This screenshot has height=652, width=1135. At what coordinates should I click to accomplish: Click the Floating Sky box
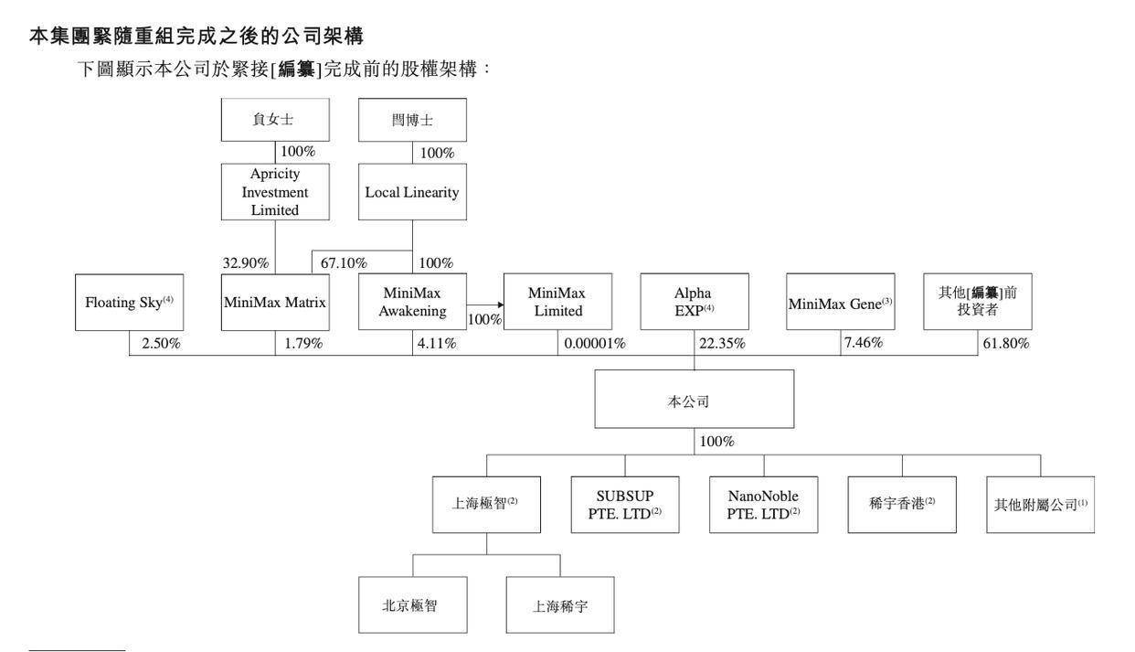[x=129, y=302]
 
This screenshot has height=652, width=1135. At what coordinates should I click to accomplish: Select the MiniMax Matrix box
[x=275, y=302]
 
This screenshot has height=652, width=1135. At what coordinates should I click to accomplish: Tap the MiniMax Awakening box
[x=412, y=302]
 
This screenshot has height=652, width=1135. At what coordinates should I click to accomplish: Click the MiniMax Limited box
[x=557, y=302]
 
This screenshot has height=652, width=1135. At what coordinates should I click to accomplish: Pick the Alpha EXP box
[x=694, y=302]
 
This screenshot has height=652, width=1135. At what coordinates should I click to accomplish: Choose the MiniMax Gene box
[x=840, y=302]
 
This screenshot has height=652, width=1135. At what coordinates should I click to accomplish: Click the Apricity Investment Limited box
[x=275, y=192]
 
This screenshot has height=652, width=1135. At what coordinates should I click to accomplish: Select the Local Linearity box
[x=412, y=192]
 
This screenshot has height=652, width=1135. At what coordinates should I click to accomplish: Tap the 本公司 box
[x=694, y=400]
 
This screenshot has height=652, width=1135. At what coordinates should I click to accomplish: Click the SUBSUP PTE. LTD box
[x=625, y=504]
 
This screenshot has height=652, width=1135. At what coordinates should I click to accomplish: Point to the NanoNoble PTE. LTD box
[x=763, y=504]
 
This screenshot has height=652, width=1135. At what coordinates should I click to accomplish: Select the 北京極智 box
[x=412, y=604]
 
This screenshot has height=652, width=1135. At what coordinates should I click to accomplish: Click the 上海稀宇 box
[x=560, y=604]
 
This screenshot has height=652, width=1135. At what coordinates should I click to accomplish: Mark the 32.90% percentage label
[x=246, y=263]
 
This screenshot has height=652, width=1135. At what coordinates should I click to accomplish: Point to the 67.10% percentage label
[x=344, y=263]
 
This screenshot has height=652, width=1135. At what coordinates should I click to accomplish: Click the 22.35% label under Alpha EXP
[x=722, y=344]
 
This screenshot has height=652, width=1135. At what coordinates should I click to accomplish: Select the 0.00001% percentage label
[x=595, y=344]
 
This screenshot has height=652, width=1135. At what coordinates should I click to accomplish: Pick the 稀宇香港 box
[x=901, y=504]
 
